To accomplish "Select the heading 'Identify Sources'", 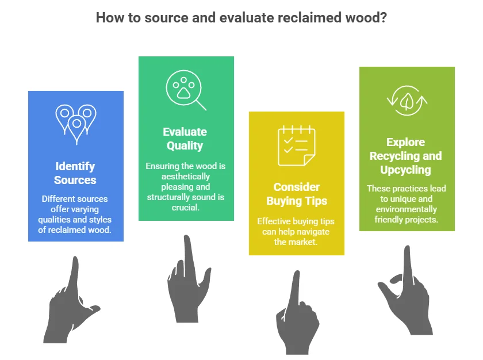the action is point(75,173).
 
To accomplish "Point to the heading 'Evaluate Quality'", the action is point(185,139).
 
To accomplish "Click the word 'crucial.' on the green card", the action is point(185,208).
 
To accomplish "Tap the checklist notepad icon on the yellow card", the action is point(296,145).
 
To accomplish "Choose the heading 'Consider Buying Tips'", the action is point(297,194).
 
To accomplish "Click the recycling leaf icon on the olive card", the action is point(407,101).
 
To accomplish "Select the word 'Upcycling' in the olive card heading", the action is point(405,170).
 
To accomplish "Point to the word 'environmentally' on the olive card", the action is point(407,209).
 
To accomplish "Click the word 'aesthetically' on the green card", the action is point(185,177).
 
